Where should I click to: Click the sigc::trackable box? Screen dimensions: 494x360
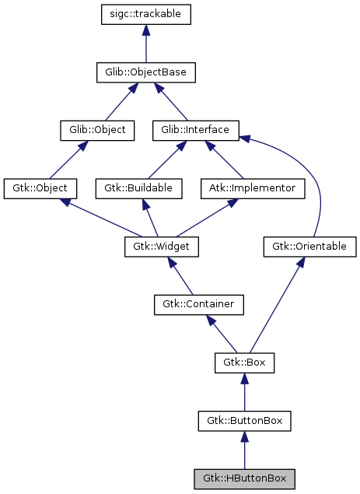click(146, 14)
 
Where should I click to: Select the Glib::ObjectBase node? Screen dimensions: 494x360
click(146, 73)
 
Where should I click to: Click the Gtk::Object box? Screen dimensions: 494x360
click(40, 188)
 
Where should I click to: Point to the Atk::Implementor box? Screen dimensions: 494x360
click(246, 188)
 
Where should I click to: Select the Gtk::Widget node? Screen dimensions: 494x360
click(162, 247)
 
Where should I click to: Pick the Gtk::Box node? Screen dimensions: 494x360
click(244, 363)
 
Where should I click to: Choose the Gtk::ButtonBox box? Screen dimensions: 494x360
click(244, 421)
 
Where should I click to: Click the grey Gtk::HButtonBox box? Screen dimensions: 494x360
click(244, 478)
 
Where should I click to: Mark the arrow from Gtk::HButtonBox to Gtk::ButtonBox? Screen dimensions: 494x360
click(244, 451)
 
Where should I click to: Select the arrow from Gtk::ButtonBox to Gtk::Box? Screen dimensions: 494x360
click(244, 393)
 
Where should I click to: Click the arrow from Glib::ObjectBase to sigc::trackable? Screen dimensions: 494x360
click(146, 45)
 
